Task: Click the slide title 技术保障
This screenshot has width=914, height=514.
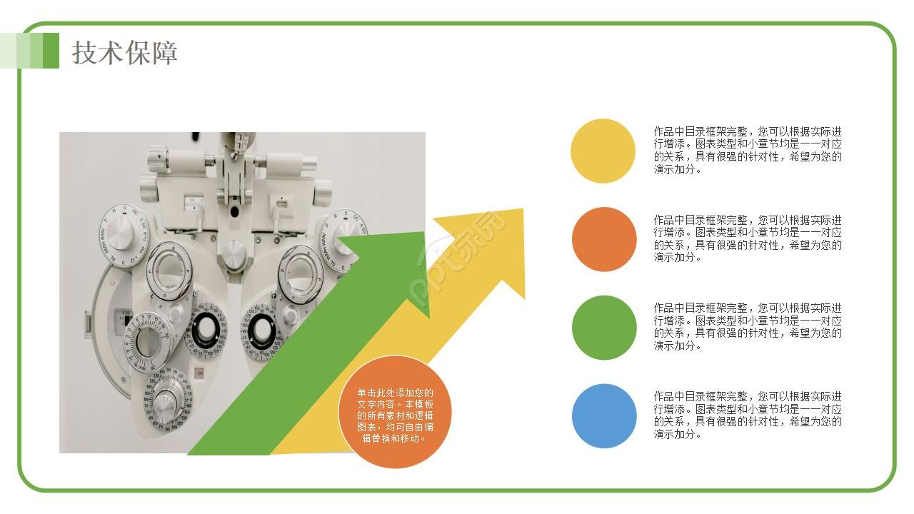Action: click(x=124, y=53)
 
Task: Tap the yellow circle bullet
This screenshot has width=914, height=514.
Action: click(x=603, y=151)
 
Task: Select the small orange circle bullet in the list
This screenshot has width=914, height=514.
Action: click(x=604, y=239)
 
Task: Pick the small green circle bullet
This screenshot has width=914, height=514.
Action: click(x=604, y=328)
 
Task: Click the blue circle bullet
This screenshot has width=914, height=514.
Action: click(x=604, y=416)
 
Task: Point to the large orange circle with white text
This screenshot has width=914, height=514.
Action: click(x=395, y=412)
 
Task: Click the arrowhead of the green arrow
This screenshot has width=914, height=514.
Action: click(x=392, y=265)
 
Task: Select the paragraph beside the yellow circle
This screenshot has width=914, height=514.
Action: click(x=748, y=150)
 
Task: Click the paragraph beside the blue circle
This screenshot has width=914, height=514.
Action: click(x=748, y=415)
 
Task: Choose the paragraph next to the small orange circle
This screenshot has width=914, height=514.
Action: click(x=748, y=238)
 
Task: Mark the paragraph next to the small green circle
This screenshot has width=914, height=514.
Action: click(x=748, y=327)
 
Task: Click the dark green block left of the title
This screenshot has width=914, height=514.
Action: click(x=51, y=51)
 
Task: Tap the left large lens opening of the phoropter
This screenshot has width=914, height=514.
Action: click(x=169, y=272)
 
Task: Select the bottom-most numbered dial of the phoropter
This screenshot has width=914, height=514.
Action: click(x=167, y=400)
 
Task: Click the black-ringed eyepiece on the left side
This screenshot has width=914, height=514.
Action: click(x=206, y=331)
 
